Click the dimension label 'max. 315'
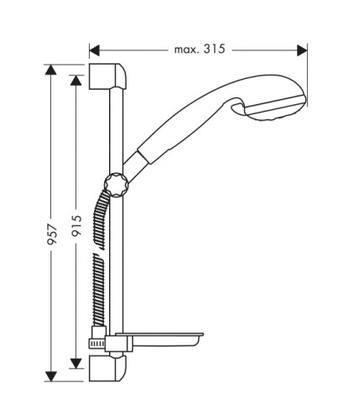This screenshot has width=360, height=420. [200, 50]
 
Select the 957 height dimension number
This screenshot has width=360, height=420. [52, 234]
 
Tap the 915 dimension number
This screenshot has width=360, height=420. [76, 225]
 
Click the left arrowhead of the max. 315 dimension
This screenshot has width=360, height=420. [95, 50]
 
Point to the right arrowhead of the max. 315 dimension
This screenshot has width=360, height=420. [302, 50]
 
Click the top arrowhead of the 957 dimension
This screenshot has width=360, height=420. [50, 70]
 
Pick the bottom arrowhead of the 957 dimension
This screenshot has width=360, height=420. [50, 376]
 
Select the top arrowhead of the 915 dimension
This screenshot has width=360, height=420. [76, 80]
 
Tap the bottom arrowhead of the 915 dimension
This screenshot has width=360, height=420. [76, 364]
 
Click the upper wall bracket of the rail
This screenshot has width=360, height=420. [107, 76]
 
